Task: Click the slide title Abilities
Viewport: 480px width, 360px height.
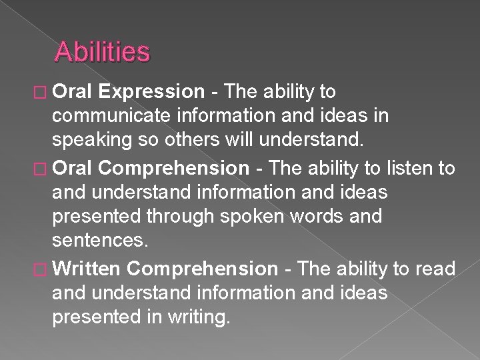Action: pyautogui.click(x=103, y=51)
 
